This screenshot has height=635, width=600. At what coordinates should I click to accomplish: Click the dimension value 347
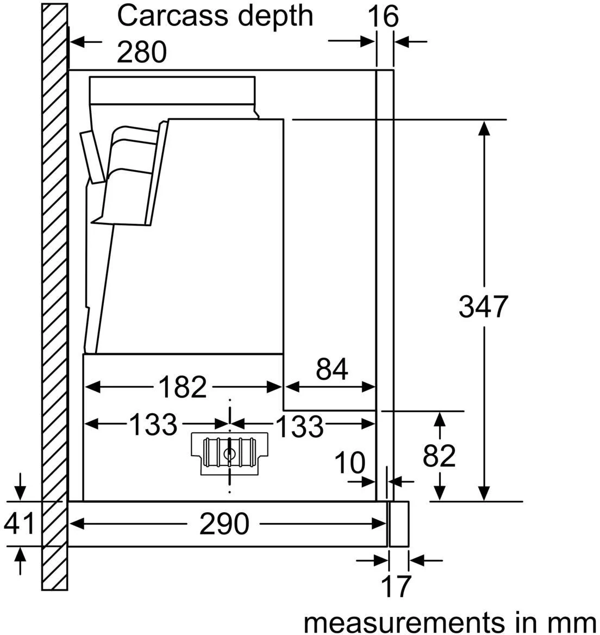point(483,307)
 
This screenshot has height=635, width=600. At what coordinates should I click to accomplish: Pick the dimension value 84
point(332,370)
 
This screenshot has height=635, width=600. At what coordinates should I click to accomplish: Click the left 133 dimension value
point(153,424)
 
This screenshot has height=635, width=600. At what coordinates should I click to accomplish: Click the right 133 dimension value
point(299,426)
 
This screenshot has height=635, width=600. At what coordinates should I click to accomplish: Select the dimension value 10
point(349,463)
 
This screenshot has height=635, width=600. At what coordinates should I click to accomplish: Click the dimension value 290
point(224,524)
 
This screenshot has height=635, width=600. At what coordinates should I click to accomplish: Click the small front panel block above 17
point(399,524)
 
